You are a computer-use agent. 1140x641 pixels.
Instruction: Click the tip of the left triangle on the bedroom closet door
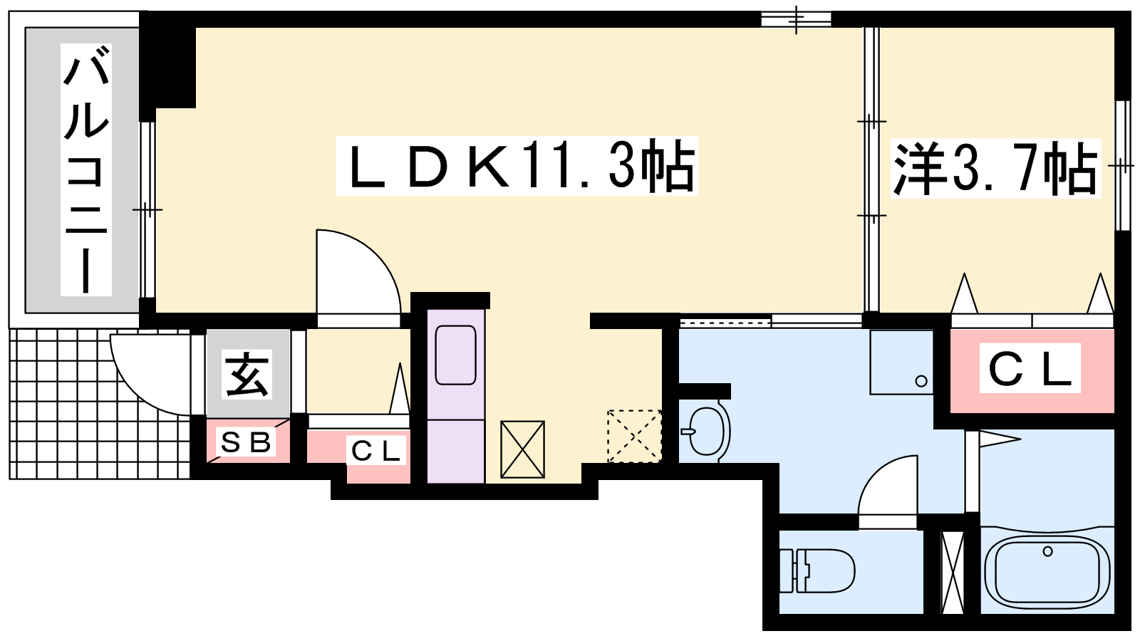point(964,273)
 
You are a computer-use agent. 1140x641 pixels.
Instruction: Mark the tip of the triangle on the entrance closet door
point(400,363)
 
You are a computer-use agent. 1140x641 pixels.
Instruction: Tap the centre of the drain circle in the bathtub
point(1047,551)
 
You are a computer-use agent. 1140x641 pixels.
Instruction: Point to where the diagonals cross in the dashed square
point(635,436)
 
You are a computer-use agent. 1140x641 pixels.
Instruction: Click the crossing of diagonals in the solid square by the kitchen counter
point(523,449)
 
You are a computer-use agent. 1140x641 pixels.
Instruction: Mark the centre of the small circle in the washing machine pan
point(921,381)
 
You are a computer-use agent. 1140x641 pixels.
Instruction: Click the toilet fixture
point(817,570)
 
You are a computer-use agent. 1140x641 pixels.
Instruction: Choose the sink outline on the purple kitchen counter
point(455,355)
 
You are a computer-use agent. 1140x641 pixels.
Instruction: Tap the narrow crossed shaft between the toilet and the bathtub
point(953,573)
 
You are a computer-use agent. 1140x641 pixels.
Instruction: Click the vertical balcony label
point(85,170)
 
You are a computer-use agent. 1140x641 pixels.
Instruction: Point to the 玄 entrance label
point(247,374)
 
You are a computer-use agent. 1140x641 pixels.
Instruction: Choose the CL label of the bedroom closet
point(1030,368)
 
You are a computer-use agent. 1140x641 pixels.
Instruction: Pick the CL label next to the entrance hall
point(376,450)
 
